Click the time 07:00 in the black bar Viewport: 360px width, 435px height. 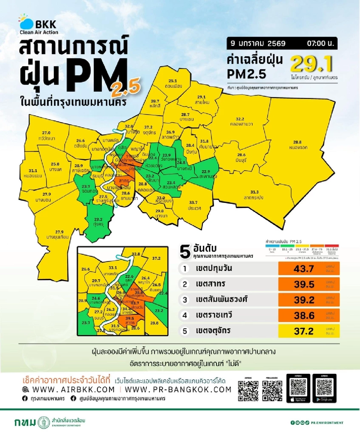[x=320, y=43]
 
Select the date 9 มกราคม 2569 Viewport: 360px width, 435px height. [x=258, y=43]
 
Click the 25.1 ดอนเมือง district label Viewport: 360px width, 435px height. [x=173, y=84]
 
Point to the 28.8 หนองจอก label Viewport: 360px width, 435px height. [x=298, y=145]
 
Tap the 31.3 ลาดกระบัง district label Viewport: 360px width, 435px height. [x=254, y=195]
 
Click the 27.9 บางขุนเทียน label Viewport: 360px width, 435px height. [x=58, y=234]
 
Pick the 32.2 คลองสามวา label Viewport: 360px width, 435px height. [x=241, y=121]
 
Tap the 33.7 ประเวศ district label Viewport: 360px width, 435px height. [x=194, y=205]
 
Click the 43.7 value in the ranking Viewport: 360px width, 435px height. [x=304, y=269]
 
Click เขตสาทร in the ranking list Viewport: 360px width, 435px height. [x=210, y=284]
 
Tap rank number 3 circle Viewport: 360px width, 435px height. [x=185, y=299]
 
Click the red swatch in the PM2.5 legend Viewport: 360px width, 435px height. [x=331, y=246]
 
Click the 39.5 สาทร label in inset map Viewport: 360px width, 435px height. [x=130, y=320]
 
